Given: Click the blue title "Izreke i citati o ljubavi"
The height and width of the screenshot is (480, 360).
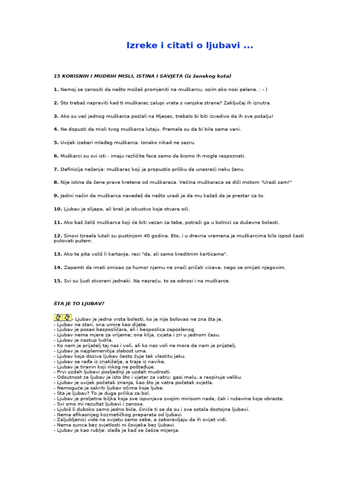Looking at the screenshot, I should pyautogui.click(x=190, y=45).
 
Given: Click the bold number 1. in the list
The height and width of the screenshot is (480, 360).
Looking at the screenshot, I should pyautogui.click(x=56, y=89).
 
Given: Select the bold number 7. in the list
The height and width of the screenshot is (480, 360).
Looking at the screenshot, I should pyautogui.click(x=56, y=169).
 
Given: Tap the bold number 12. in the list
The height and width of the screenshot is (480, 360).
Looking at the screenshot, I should pyautogui.click(x=58, y=235).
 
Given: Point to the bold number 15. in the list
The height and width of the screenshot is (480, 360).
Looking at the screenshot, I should pyautogui.click(x=58, y=281).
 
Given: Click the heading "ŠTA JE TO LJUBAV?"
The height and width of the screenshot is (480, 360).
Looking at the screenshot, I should pyautogui.click(x=79, y=303).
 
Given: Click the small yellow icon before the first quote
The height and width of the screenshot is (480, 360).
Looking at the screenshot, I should pyautogui.click(x=62, y=318).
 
